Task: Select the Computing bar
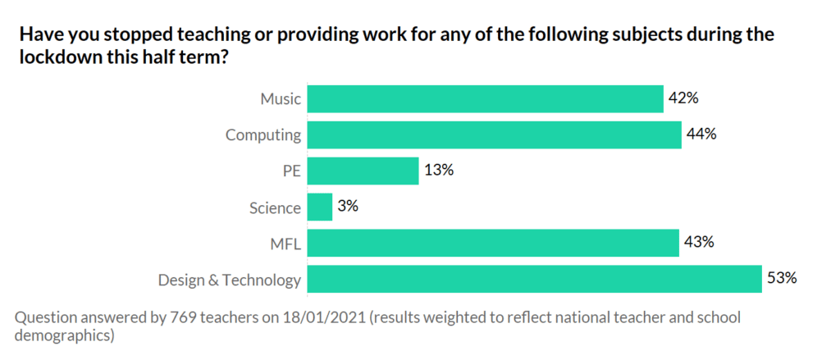[494, 134]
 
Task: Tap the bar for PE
[363, 171]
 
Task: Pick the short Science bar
[320, 207]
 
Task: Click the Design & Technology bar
[535, 279]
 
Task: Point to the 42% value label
[683, 98]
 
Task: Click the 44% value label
[702, 134]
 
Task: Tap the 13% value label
[439, 171]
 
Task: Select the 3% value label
[349, 207]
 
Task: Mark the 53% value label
[782, 278]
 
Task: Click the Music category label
[281, 100]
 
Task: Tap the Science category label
[275, 208]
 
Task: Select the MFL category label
[284, 244]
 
